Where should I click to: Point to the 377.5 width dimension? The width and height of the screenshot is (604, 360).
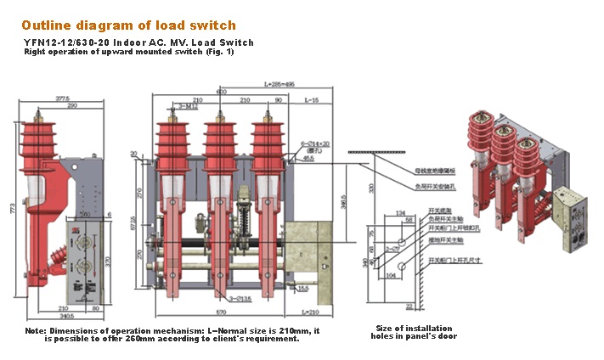pyautogui.click(x=62, y=98)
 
